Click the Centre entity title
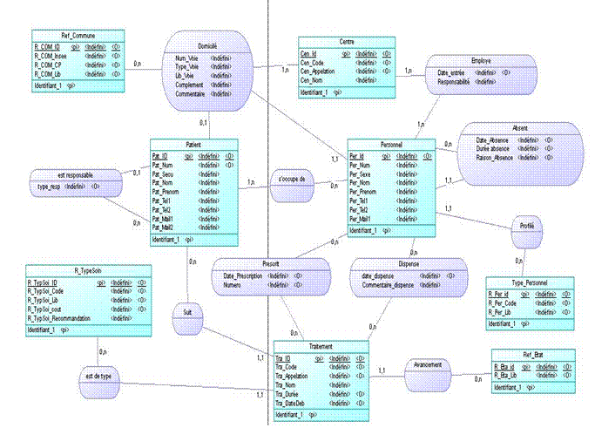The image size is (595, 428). coord(346,42)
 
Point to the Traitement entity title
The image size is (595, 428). coord(309,347)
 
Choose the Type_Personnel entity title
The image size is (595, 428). coord(531,282)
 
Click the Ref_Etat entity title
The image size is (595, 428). coord(533,356)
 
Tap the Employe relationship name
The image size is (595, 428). coord(481,60)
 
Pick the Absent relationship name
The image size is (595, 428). coord(521,127)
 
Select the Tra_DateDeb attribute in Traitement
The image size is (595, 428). coord(293,404)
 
